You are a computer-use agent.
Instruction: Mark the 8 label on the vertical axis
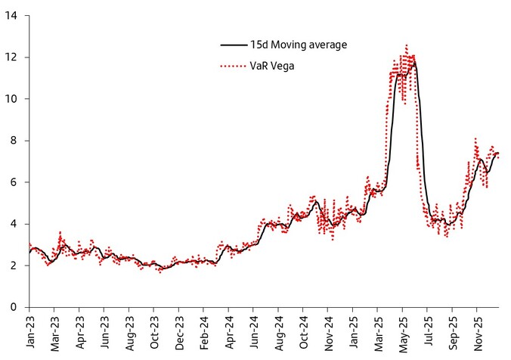click(14, 141)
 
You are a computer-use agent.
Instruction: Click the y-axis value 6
click(14, 182)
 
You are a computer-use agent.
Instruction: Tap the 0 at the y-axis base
click(14, 307)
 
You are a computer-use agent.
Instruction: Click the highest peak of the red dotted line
click(407, 45)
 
